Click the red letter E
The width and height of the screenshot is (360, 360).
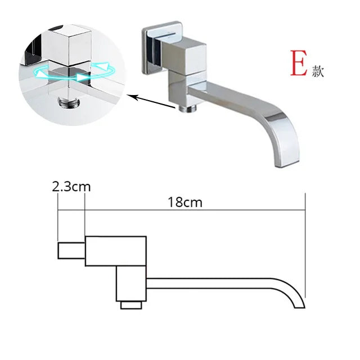click(x=298, y=65)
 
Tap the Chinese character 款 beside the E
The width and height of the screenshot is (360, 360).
click(x=318, y=72)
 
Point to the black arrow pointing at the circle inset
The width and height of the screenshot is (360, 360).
click(x=152, y=101)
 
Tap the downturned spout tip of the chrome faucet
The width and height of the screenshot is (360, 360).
click(x=281, y=161)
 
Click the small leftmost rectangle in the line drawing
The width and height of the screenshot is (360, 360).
click(x=71, y=250)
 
